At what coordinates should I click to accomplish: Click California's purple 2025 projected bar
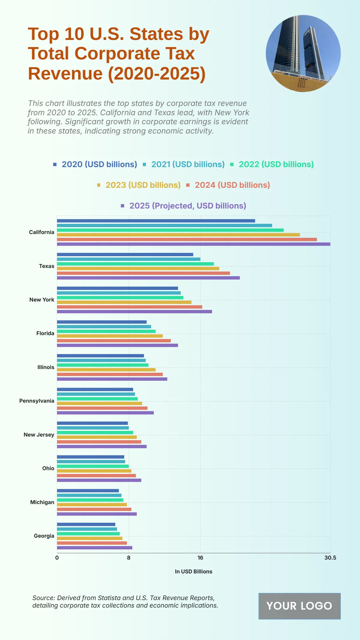point(193,244)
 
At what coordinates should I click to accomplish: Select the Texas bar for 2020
point(125,254)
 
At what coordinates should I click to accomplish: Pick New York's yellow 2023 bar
point(124,302)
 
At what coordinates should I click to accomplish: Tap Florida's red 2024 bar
point(114,341)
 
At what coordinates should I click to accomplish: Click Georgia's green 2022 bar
point(88,534)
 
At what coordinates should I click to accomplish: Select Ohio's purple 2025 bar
point(99,480)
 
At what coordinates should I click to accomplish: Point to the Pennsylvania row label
point(37,401)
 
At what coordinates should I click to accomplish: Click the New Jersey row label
point(39,435)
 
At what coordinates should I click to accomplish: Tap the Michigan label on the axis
point(42,502)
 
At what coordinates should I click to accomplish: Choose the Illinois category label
point(46,367)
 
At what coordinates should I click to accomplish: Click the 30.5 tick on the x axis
point(330,558)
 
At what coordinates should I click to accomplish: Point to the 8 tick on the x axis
point(129,558)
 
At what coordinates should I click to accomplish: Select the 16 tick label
point(200,558)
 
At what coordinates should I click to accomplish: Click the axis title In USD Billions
point(193,572)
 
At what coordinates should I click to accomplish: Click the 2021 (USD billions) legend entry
point(187,164)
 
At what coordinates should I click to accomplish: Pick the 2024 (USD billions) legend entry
point(232,185)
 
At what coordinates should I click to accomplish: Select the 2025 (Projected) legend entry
point(187,206)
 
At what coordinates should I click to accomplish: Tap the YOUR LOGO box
point(299,606)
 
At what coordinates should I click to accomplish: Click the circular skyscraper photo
point(303,53)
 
